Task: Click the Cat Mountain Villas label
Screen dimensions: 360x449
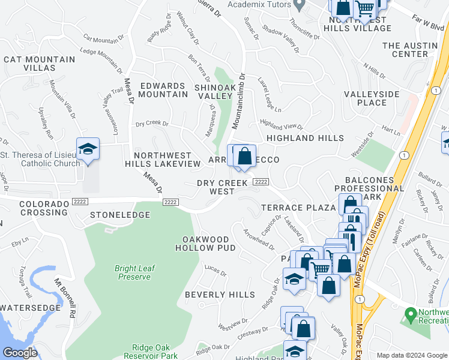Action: [40, 64]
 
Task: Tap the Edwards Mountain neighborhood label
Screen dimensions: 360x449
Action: [163, 90]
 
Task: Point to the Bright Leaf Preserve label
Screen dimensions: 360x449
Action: [133, 272]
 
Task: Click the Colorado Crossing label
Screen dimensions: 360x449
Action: [43, 208]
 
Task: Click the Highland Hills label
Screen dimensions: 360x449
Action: [306, 138]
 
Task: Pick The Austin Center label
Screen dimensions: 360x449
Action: [410, 50]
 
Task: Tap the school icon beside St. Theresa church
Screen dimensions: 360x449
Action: [88, 149]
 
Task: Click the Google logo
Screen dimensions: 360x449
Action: [20, 353]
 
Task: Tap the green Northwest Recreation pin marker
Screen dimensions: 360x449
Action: [411, 314]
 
